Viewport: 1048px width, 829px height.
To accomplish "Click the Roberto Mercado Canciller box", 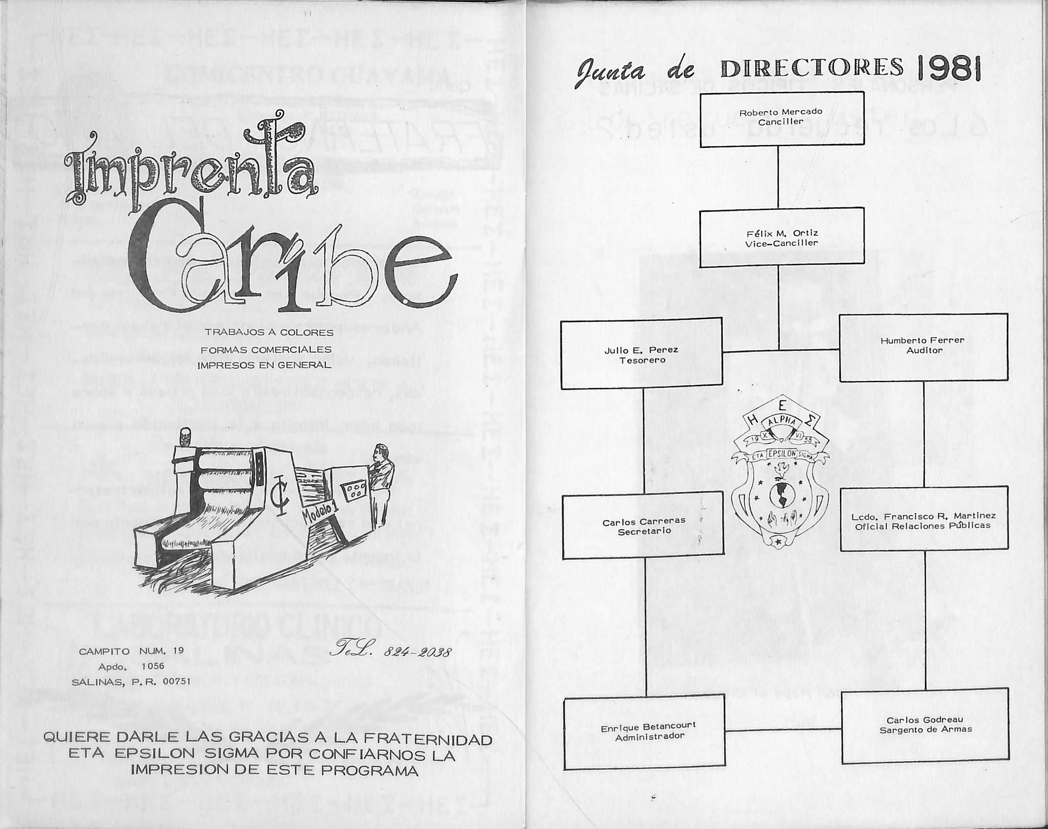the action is coord(781,119).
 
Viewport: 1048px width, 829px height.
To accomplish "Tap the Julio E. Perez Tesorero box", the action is coord(641,353).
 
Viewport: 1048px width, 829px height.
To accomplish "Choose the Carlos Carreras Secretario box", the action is coord(643,525).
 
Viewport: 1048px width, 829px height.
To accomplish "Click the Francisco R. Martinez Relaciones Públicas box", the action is coord(923,518).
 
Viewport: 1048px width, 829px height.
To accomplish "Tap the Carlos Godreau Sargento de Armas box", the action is coord(925,725).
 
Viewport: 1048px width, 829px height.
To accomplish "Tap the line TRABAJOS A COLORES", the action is coord(269,333).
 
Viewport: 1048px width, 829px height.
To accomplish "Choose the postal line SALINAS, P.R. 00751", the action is coord(131,681).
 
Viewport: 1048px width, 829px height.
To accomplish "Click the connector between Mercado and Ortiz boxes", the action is coord(778,177).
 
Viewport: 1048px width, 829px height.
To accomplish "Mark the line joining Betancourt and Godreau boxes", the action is coord(783,729).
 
